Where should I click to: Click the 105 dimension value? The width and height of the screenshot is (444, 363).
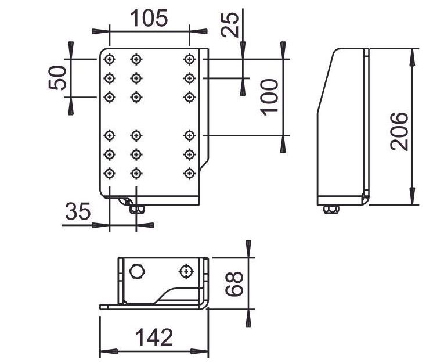tap(149, 18)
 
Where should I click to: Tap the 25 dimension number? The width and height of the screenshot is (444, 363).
tap(230, 24)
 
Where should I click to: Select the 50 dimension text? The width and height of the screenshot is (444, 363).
tap(57, 78)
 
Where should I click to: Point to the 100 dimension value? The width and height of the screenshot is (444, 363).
tap(269, 97)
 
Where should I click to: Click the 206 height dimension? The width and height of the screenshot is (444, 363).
tap(399, 131)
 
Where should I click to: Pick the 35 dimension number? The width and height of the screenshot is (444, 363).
tap(78, 211)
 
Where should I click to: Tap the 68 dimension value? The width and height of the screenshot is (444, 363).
tap(234, 283)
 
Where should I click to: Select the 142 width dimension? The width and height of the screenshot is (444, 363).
tap(154, 337)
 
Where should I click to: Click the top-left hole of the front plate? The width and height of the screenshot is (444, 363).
tap(110, 59)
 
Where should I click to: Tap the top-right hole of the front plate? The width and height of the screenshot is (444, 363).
tap(189, 59)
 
